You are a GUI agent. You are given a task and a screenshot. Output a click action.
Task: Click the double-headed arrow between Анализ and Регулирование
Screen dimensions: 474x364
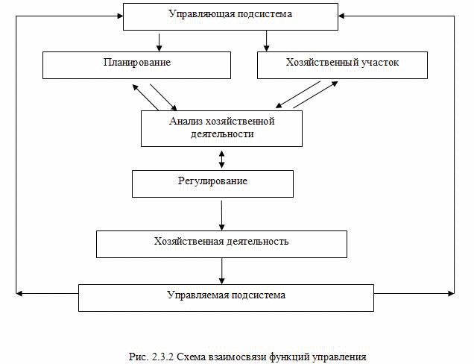coord(221,159)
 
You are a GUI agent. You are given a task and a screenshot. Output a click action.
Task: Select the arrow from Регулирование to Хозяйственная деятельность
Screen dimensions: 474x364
coord(221,215)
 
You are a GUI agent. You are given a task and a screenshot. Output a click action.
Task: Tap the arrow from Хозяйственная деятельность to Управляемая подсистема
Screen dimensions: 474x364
coord(221,271)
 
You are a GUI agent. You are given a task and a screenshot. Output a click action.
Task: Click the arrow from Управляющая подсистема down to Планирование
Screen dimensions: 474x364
coord(159,43)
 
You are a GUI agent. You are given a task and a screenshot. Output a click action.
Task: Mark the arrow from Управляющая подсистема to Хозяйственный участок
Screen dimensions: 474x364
coord(266,41)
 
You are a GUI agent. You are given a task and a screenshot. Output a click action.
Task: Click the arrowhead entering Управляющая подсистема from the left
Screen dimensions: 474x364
coord(120,16)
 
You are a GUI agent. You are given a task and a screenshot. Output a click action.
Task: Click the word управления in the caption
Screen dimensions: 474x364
coord(339,357)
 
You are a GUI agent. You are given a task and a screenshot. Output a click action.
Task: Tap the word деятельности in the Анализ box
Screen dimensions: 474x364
coord(222,134)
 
